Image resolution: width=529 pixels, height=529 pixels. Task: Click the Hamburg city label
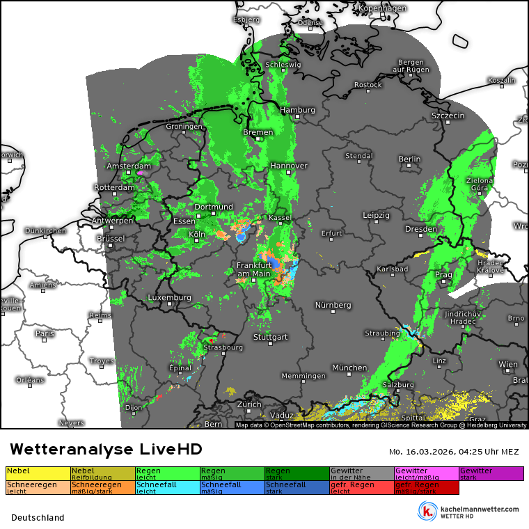point(297,110)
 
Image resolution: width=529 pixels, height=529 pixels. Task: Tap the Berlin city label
point(409,159)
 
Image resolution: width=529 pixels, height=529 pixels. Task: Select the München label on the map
point(349,368)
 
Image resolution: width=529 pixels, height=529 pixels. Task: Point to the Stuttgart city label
point(271,337)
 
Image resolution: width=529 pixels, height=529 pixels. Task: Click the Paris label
point(45,333)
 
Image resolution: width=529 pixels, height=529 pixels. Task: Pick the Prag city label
point(443,274)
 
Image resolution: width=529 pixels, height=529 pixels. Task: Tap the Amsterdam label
point(129,166)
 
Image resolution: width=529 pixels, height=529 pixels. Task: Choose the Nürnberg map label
point(333,305)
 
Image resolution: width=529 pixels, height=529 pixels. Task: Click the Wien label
point(508,364)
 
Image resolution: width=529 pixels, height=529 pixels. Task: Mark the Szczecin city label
point(448,115)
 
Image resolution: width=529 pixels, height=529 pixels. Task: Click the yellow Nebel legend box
point(38,473)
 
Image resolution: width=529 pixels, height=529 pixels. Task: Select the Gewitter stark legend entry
point(491,473)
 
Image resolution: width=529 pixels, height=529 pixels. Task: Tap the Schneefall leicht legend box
point(168,487)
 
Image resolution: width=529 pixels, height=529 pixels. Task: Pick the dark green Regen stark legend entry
point(297,473)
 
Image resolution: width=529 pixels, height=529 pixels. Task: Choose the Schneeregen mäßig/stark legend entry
point(103,487)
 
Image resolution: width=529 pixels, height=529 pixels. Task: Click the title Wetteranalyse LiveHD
point(106,449)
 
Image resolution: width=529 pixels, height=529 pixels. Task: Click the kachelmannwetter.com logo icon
point(427,510)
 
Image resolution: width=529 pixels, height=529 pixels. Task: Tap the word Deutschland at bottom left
point(38,517)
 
